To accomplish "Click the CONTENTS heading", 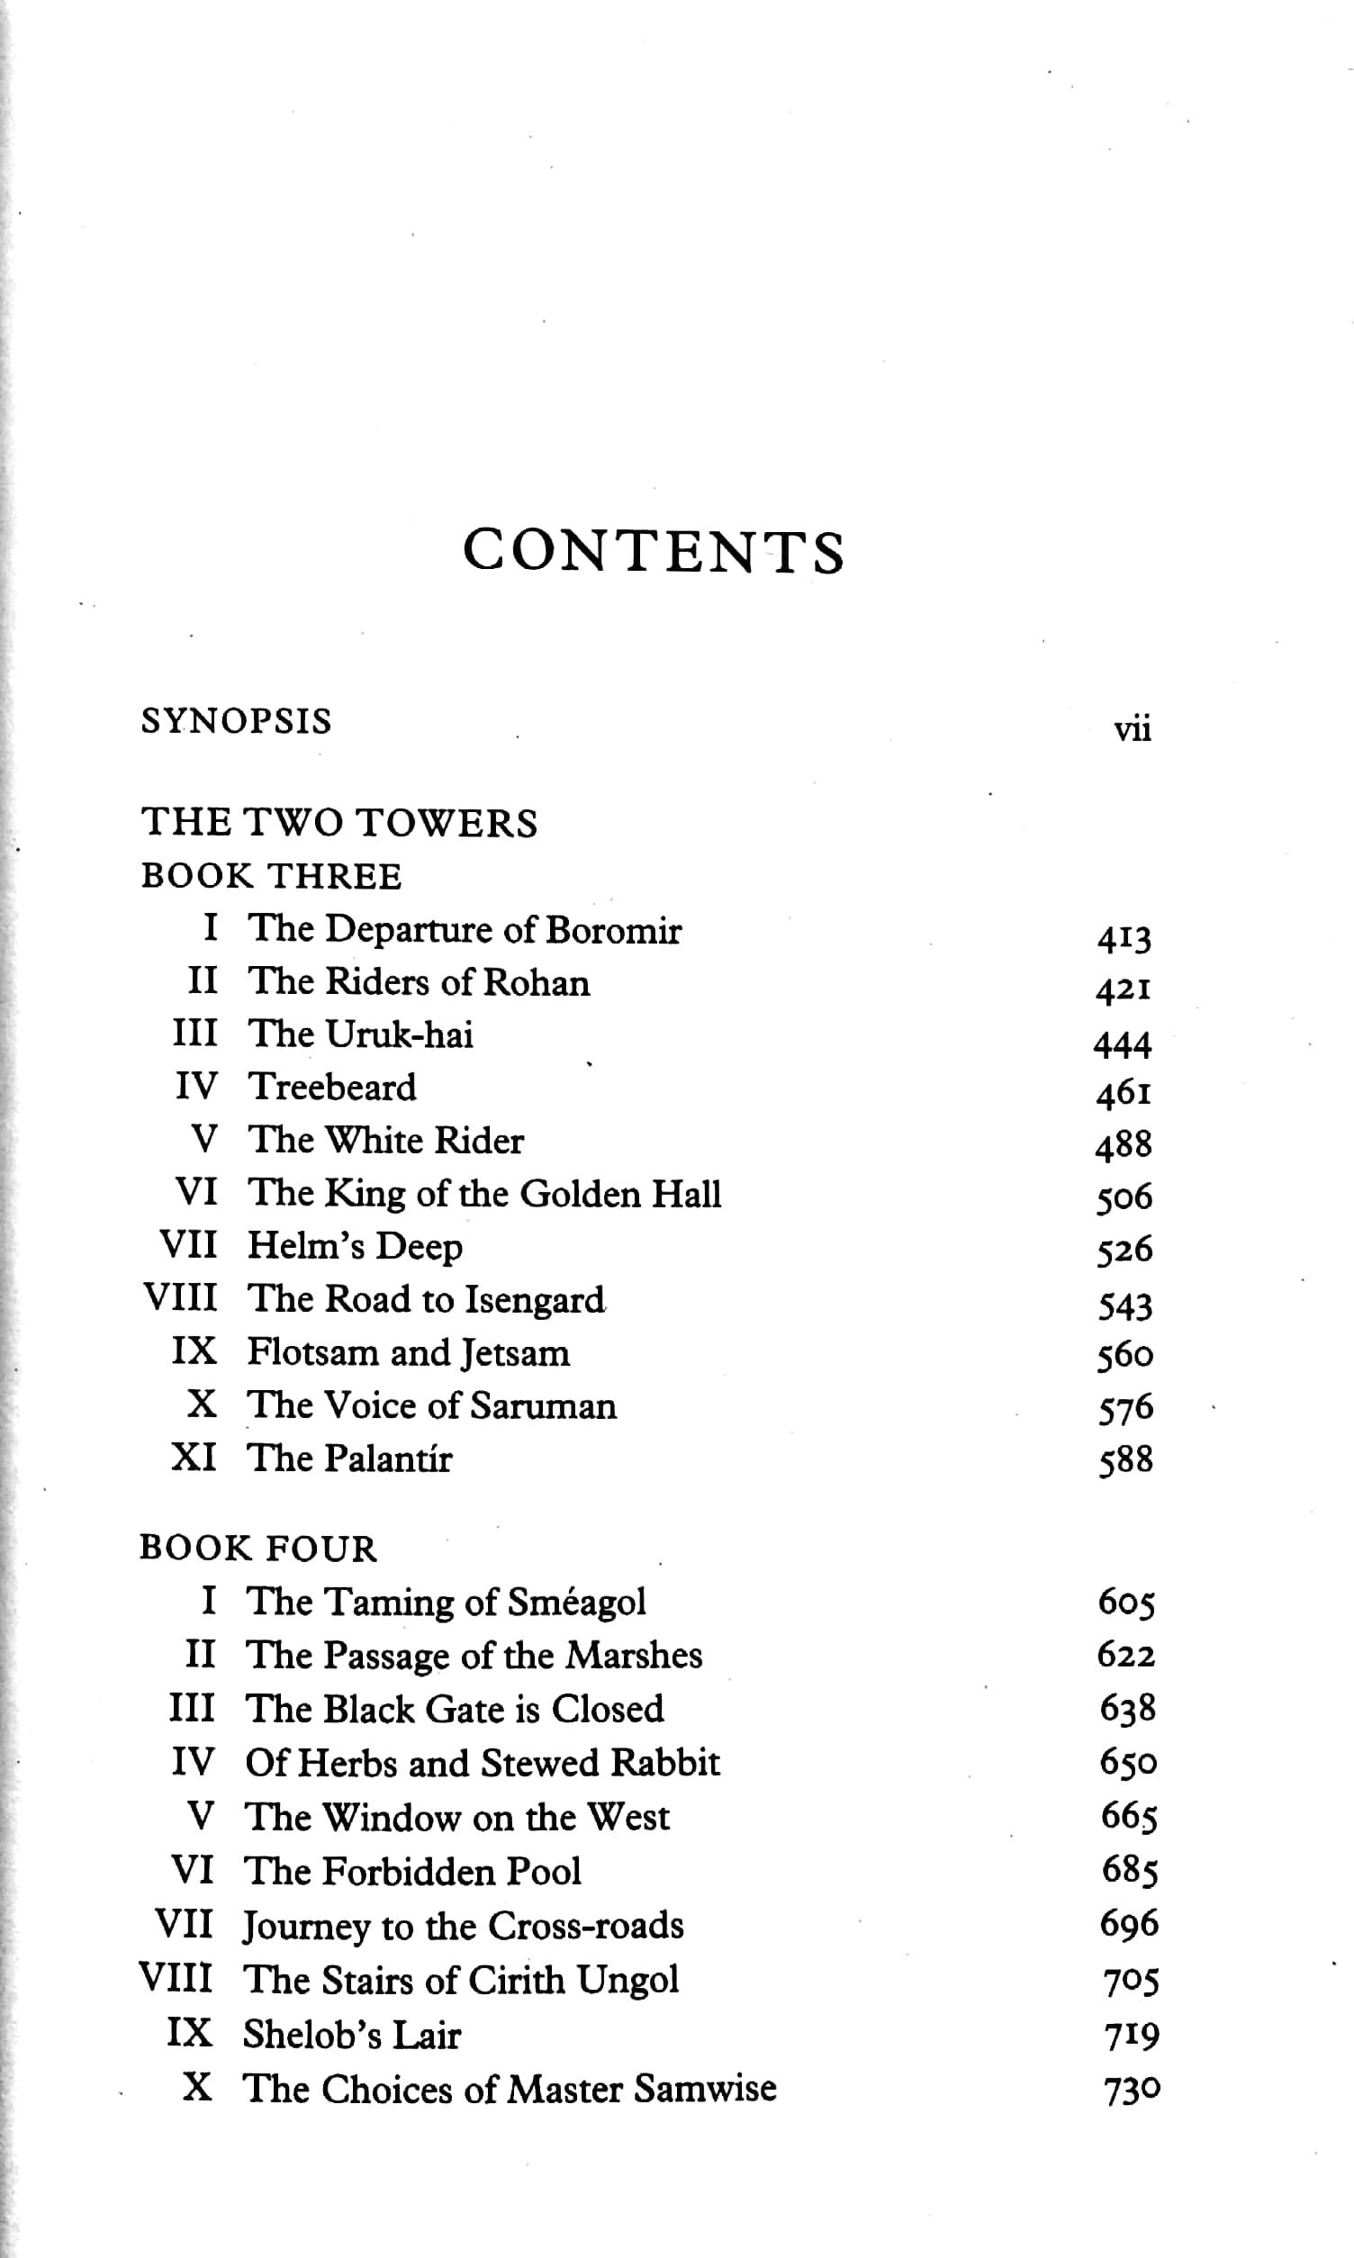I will tap(654, 551).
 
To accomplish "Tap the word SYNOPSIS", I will tap(236, 722).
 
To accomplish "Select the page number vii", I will tap(1133, 730).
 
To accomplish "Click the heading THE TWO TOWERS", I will tap(339, 823).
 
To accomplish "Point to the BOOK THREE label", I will tap(271, 877).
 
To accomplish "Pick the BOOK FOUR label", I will tap(258, 1549).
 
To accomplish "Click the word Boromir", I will tap(613, 931).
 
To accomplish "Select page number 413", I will tap(1124, 938).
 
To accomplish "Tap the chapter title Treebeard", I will tap(332, 1088).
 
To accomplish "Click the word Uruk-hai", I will tap(400, 1034).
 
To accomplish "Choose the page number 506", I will tap(1125, 1198).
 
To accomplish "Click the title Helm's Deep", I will tap(355, 1247).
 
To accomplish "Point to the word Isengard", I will tap(535, 1301).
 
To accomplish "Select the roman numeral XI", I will tap(194, 1458).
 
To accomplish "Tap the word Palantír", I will tap(389, 1459).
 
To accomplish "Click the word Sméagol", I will tap(577, 1603).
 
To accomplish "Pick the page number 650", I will tap(1129, 1763).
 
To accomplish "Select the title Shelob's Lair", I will tap(351, 2036).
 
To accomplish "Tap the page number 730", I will tap(1133, 2091).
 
